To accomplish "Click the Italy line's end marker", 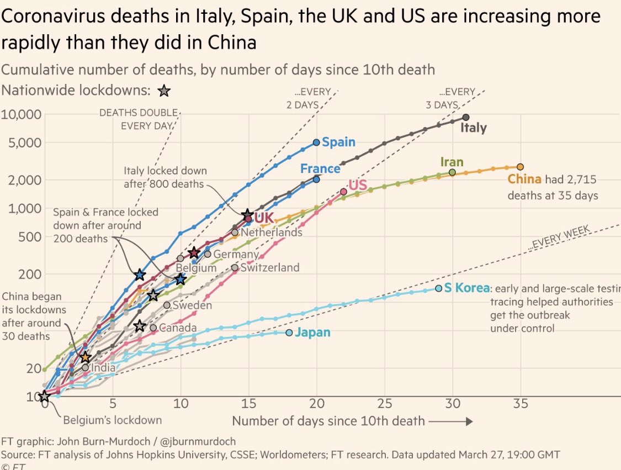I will click(x=466, y=117).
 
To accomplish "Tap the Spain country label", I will click(x=338, y=142).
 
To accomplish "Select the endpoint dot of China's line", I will click(x=520, y=167).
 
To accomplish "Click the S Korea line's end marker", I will click(x=439, y=288).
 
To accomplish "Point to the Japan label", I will click(x=312, y=332).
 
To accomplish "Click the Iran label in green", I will click(x=452, y=162).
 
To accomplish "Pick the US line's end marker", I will click(x=343, y=192).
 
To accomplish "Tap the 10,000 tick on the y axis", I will click(x=23, y=114).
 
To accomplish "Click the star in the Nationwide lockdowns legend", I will click(x=164, y=91).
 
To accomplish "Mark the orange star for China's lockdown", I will click(x=85, y=357).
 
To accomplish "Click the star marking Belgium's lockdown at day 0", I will click(x=44, y=396).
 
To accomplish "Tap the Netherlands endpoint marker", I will click(x=235, y=233).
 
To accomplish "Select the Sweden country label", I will click(x=192, y=305).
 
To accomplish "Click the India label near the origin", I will click(x=104, y=368).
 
